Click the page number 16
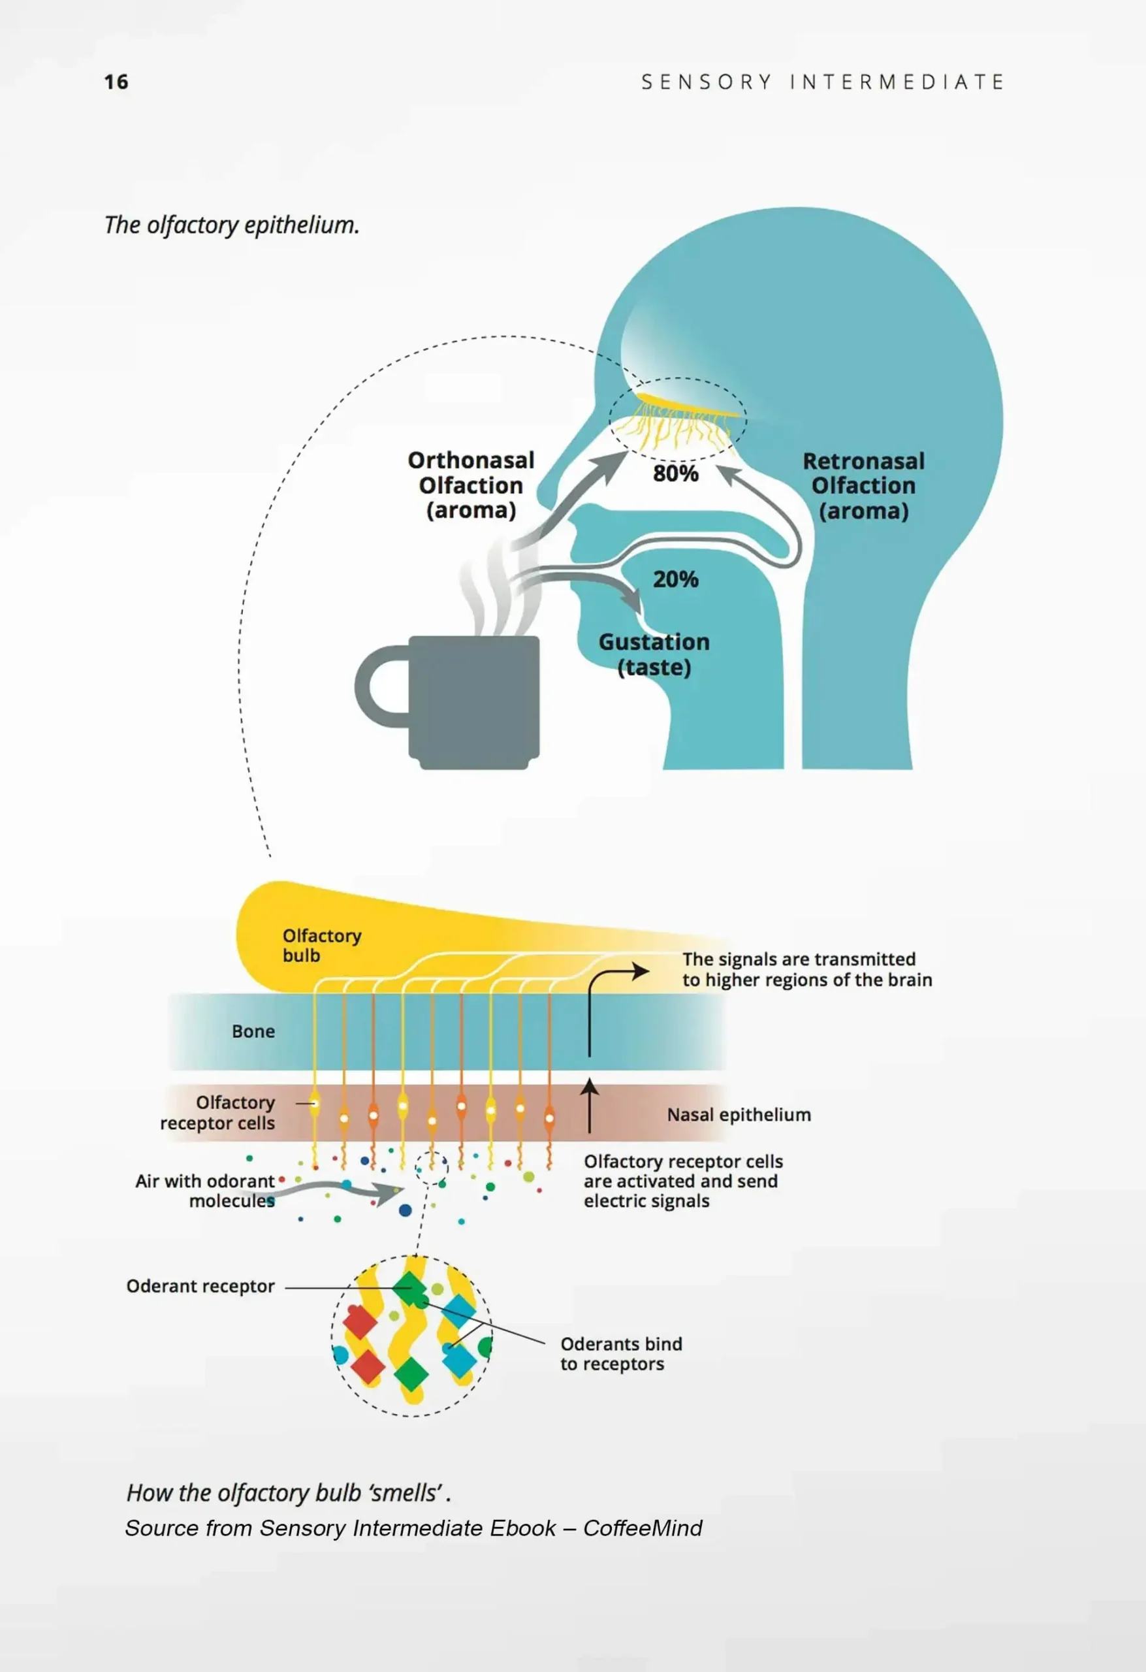[116, 82]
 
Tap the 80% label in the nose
[675, 474]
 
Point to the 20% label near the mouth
[675, 579]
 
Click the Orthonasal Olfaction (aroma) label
[471, 485]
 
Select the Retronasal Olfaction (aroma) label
[863, 486]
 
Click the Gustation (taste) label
[654, 654]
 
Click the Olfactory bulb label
[321, 945]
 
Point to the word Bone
[253, 1031]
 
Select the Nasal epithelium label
[739, 1114]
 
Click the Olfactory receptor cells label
[217, 1112]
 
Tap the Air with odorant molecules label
[205, 1191]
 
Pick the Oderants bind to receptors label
[621, 1353]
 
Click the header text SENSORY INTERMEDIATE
[822, 82]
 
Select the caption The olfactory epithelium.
[232, 225]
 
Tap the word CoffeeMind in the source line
[643, 1528]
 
